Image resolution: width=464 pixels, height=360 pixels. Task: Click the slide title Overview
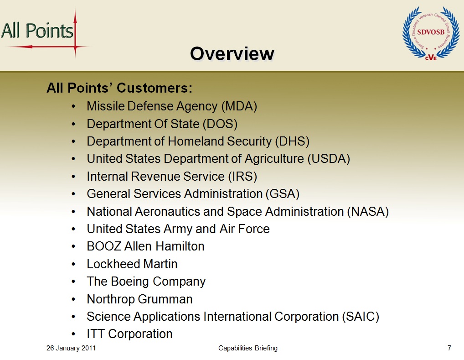(x=232, y=54)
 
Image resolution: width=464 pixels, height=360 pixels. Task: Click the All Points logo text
(x=37, y=31)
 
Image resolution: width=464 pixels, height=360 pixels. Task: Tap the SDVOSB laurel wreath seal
(x=431, y=33)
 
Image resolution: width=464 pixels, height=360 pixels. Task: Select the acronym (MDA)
(x=239, y=106)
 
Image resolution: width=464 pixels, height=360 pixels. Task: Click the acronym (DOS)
(x=220, y=124)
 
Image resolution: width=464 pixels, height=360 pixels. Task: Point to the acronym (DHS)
(x=292, y=141)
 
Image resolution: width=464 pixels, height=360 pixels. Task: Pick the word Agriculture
(x=274, y=159)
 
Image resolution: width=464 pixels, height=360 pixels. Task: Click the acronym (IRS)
(x=242, y=177)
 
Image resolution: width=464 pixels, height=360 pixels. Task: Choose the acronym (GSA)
(x=283, y=194)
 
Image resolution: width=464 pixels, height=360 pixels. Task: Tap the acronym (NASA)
(x=368, y=212)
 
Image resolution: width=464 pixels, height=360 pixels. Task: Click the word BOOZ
(x=104, y=246)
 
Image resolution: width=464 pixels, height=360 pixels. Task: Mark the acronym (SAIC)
(x=361, y=317)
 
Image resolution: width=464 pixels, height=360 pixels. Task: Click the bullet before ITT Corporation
(x=73, y=334)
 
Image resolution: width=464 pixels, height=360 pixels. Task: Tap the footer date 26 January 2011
(x=71, y=348)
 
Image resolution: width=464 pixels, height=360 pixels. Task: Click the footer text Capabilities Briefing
(x=248, y=348)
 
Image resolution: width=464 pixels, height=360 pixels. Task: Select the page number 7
(x=449, y=348)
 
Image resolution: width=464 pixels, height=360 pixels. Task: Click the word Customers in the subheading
(x=155, y=88)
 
